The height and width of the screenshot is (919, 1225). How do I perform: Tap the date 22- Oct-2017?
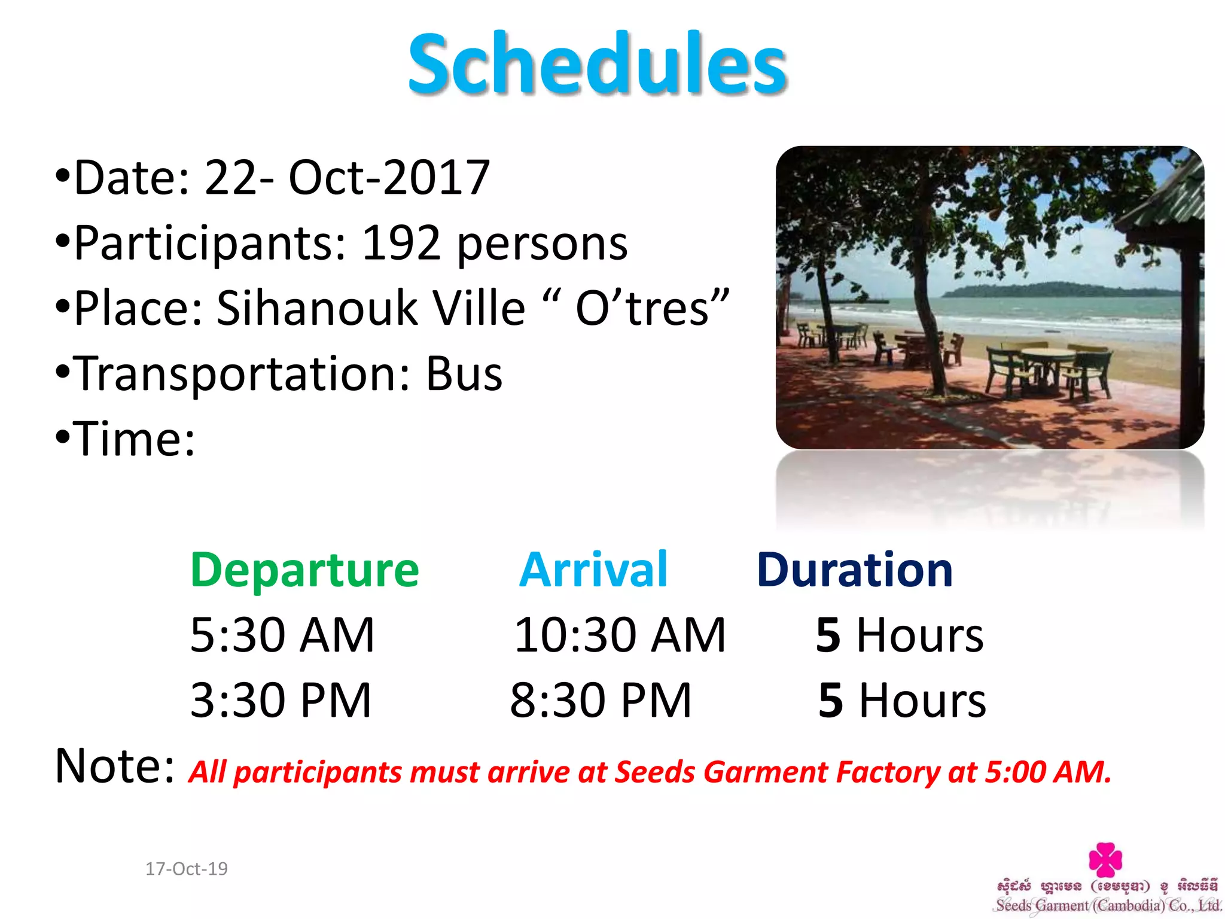[347, 178]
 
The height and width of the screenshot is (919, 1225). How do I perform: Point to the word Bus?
[464, 374]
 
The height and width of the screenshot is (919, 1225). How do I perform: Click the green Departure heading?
[304, 570]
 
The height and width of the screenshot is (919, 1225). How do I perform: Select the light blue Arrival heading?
[593, 570]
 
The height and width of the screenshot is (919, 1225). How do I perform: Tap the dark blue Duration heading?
[854, 570]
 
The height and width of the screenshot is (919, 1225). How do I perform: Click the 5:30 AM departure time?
[282, 635]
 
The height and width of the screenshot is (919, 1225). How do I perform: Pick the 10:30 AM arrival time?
[620, 635]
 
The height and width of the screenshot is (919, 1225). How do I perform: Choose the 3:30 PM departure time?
[281, 700]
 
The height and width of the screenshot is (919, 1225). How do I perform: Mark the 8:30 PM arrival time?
[601, 700]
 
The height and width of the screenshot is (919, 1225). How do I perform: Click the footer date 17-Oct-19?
[187, 869]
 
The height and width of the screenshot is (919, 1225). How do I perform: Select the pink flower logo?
[1105, 859]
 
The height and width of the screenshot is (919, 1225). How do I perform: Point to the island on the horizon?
[1059, 290]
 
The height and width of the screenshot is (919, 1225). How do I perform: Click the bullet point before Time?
[62, 438]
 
